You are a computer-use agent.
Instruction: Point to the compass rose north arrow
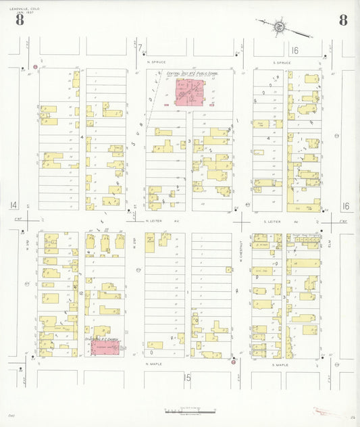278,26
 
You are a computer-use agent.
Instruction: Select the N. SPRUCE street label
157,61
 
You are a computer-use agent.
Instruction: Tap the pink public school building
190,93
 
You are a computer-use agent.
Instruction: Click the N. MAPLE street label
155,364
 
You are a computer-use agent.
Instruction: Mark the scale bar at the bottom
189,411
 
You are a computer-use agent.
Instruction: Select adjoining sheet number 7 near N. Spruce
140,49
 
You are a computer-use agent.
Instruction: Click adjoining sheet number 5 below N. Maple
188,377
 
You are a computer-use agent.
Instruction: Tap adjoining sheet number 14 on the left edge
14,205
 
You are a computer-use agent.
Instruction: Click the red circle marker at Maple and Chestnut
234,362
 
